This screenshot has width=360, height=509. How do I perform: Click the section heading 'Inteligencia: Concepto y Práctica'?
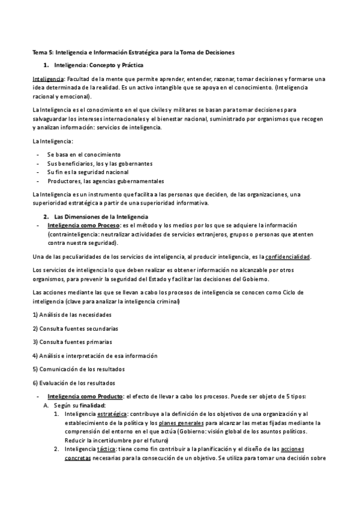(98, 65)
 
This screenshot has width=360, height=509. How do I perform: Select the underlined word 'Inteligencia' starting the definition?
(47, 79)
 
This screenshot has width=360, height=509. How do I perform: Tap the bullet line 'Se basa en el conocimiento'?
(83, 154)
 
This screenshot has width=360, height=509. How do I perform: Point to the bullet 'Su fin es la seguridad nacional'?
(88, 172)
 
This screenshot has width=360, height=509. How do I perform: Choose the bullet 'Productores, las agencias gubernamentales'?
(106, 181)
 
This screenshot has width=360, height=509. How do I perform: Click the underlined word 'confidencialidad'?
(287, 257)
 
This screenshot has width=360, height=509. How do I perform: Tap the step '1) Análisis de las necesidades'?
(71, 315)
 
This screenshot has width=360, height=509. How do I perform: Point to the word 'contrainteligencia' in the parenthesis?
(74, 234)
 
